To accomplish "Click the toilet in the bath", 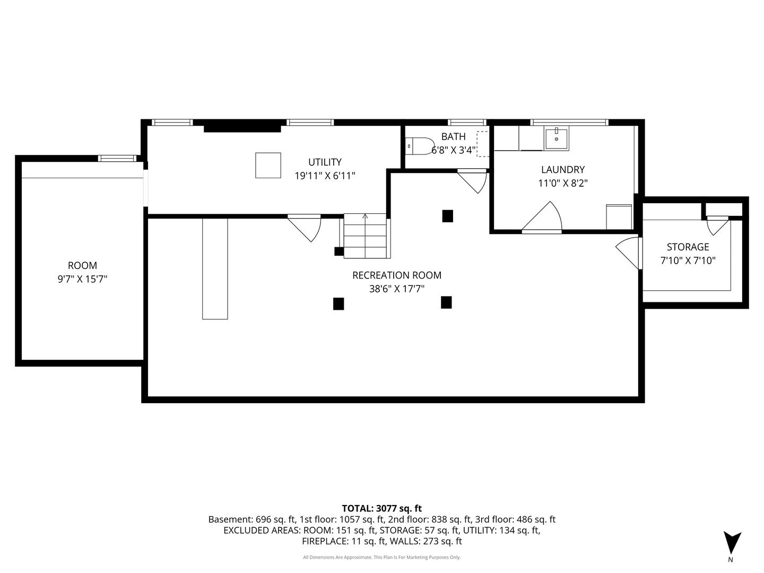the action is pos(420,146).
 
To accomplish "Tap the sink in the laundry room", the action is pos(556,138).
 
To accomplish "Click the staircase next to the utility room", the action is pos(365,236).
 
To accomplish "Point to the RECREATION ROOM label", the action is pos(397,275).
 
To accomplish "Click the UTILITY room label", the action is pos(325,162).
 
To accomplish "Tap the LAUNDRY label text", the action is pos(563,170).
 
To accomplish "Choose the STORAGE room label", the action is pos(688,247).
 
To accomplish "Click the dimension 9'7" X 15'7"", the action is pos(82,279).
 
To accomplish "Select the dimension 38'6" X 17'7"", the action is pos(397,289).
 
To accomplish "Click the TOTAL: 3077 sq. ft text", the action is pos(382,508).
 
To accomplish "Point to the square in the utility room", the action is pos(268,165).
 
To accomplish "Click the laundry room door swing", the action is pos(542,216).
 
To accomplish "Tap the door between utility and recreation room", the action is pos(304,228).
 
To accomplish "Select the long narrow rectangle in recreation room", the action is pos(215,268).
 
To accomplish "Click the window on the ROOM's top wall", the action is pos(117,159).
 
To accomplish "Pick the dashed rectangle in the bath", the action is pos(483,144).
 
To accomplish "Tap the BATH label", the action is pos(453,137).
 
